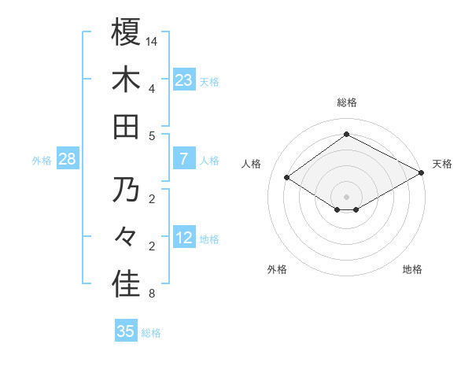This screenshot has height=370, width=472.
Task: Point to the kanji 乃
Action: click(126, 191)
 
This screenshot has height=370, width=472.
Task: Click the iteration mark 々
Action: click(126, 238)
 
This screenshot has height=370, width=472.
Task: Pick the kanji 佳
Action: click(126, 285)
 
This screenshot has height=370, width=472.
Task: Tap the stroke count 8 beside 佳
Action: click(152, 294)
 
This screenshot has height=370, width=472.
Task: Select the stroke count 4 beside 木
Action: click(152, 88)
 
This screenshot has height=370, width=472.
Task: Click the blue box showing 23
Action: click(184, 80)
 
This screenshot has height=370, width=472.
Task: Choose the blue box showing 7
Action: click(184, 160)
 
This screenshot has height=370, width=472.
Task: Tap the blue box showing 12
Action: click(184, 239)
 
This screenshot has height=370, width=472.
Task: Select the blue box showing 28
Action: click(68, 160)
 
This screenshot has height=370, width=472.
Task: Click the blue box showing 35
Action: click(126, 331)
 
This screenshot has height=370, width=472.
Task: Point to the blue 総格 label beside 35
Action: click(152, 333)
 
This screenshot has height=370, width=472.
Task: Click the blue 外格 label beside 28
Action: click(42, 161)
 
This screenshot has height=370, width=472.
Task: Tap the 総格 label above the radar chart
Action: click(346, 102)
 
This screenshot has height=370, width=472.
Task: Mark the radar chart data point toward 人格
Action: click(287, 178)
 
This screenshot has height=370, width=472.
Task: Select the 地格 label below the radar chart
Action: click(412, 269)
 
